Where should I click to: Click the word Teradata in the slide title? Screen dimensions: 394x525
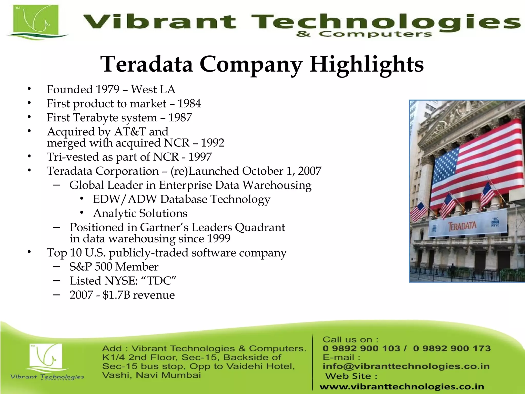pos(147,64)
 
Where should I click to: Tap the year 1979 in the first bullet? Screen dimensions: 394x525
pos(107,90)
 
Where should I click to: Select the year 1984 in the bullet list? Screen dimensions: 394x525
pos(189,104)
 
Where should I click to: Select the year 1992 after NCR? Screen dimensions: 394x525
pos(213,143)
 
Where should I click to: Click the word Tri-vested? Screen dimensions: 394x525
pos(73,157)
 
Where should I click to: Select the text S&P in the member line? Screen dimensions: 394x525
pos(80,267)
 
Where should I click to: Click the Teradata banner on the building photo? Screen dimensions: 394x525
pos(462,226)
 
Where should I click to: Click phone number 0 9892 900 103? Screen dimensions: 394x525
pos(361,348)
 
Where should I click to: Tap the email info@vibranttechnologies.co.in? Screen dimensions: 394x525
pos(406,366)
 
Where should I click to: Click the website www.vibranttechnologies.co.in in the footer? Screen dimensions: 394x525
pos(402,387)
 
